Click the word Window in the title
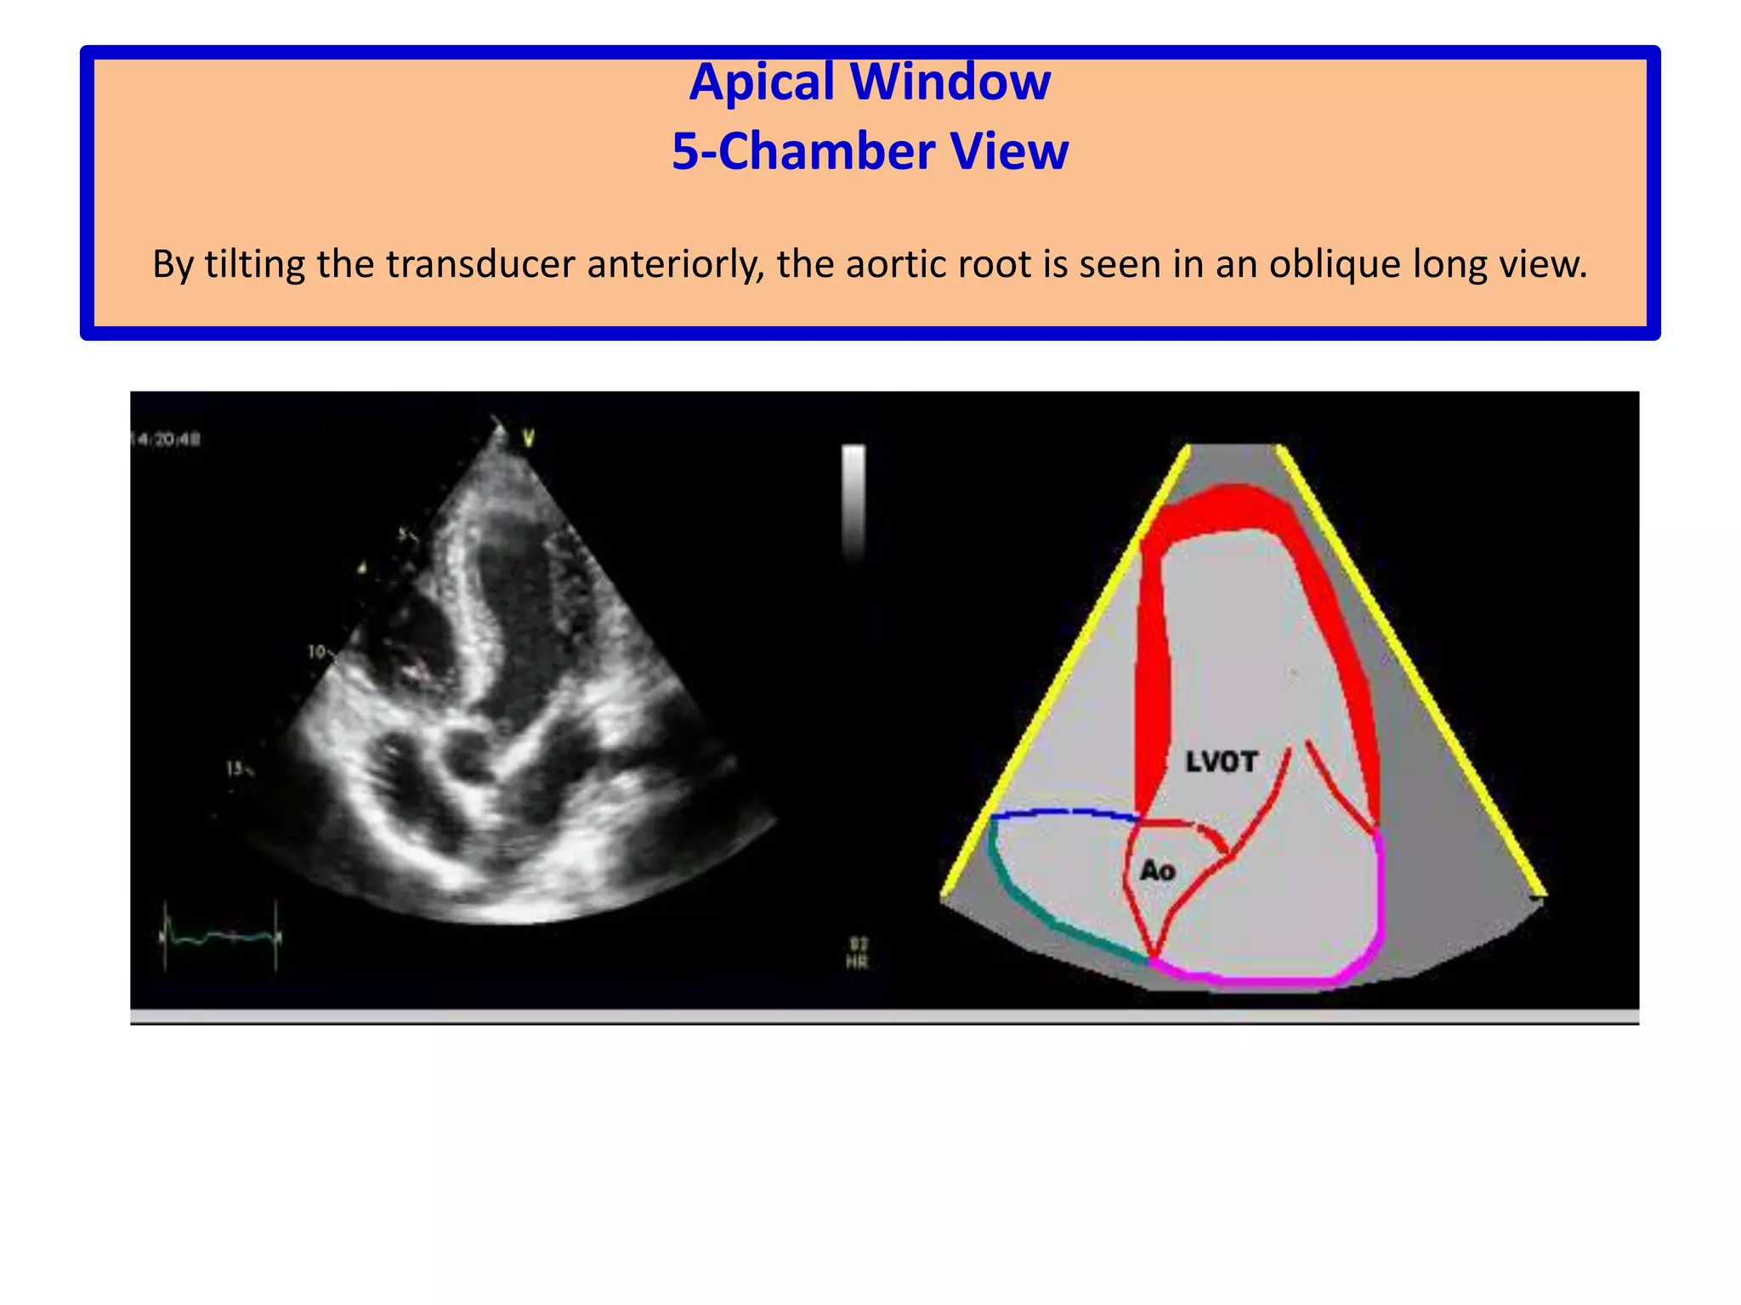click(x=950, y=82)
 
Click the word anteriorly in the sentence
click(x=676, y=264)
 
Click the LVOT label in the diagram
click(x=1221, y=762)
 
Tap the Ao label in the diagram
click(x=1157, y=871)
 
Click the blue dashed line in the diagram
click(x=1063, y=813)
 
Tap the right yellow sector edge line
click(x=1411, y=671)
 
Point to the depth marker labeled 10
click(x=319, y=652)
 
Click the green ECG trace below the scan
click(x=221, y=936)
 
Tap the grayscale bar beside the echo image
click(x=853, y=501)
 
